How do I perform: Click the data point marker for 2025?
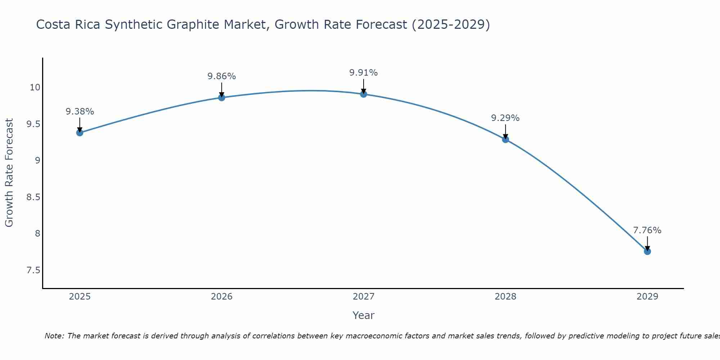tap(80, 132)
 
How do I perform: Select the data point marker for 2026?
tap(221, 98)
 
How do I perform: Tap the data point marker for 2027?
tap(364, 94)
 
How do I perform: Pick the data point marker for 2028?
tap(505, 139)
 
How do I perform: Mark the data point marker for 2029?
tap(647, 251)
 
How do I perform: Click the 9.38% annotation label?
tap(80, 112)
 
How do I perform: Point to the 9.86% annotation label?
tap(221, 76)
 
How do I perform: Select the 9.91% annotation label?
tap(364, 73)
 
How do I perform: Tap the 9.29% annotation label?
tap(505, 118)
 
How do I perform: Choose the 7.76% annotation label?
tap(647, 230)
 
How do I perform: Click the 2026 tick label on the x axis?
tap(221, 297)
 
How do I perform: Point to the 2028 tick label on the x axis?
tap(505, 297)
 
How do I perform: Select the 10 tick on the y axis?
tap(35, 87)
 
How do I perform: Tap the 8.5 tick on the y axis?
tap(33, 197)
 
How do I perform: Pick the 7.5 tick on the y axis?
tap(33, 270)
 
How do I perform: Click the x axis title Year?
tap(364, 315)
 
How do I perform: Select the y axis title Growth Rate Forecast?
tap(9, 173)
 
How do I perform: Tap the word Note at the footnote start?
tap(54, 336)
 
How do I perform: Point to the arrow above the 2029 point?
tap(647, 243)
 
